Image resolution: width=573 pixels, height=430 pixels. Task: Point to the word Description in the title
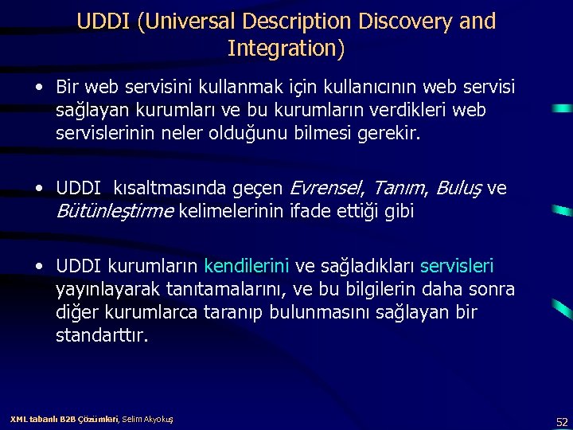coord(283,21)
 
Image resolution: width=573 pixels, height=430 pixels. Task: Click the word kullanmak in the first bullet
coord(225,85)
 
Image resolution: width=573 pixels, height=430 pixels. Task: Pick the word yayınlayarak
coord(103,288)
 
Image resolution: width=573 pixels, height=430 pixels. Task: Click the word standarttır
coord(102,334)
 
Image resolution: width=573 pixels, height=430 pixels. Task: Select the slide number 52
coord(562,420)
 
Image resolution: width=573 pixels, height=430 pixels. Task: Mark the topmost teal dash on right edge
coord(563,107)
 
